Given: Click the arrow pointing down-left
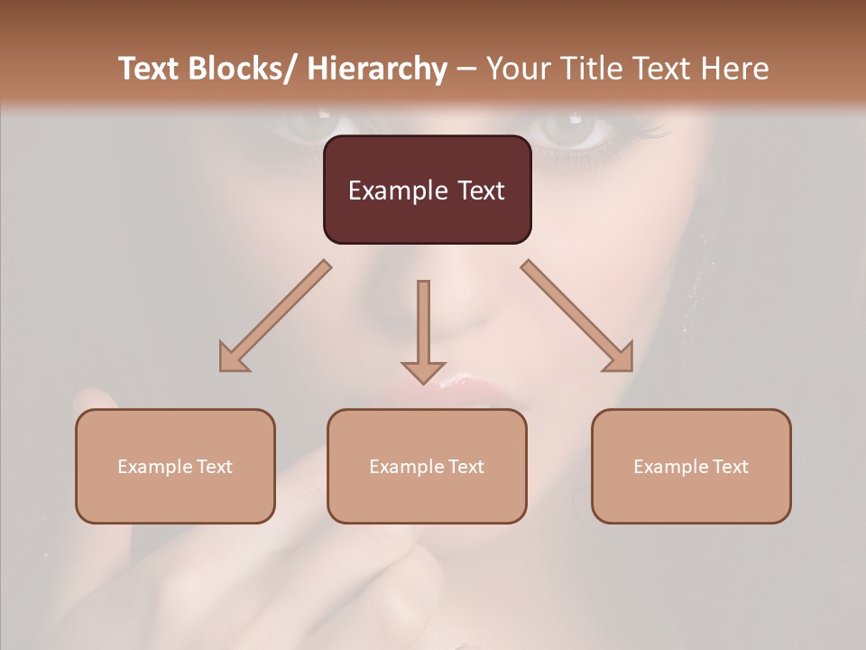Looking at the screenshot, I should coord(274,316).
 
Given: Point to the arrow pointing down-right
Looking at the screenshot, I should coord(577,316).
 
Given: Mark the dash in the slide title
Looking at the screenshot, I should coord(466,70).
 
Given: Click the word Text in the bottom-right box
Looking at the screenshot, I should coord(729,467).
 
